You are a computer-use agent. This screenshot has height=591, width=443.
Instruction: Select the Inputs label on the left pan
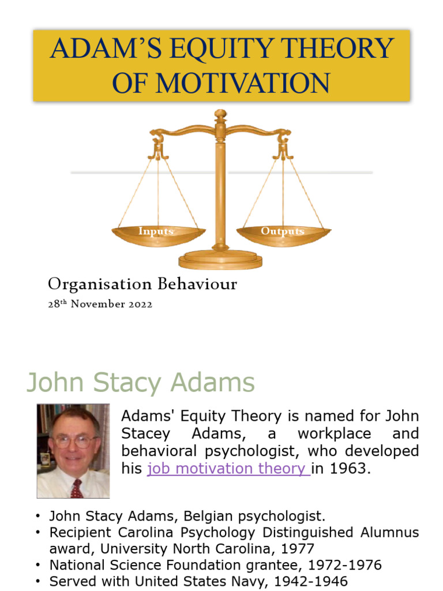pyautogui.click(x=156, y=231)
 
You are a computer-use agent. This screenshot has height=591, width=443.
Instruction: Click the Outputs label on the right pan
pyautogui.click(x=282, y=231)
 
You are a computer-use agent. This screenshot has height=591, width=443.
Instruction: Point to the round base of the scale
pyautogui.click(x=220, y=260)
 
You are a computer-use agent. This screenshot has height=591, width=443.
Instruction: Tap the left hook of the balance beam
pyautogui.click(x=157, y=144)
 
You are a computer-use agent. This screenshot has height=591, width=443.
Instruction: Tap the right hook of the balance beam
pyautogui.click(x=283, y=144)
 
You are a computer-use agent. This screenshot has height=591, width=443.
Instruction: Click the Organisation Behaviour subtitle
pyautogui.click(x=142, y=284)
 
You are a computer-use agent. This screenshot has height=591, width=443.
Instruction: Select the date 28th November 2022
pyautogui.click(x=100, y=304)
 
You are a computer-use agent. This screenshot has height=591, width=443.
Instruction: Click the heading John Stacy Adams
pyautogui.click(x=141, y=383)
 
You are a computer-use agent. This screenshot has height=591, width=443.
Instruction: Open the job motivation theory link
pyautogui.click(x=228, y=469)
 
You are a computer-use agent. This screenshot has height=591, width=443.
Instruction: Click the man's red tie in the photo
pyautogui.click(x=76, y=488)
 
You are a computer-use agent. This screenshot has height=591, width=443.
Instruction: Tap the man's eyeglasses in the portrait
pyautogui.click(x=74, y=442)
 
